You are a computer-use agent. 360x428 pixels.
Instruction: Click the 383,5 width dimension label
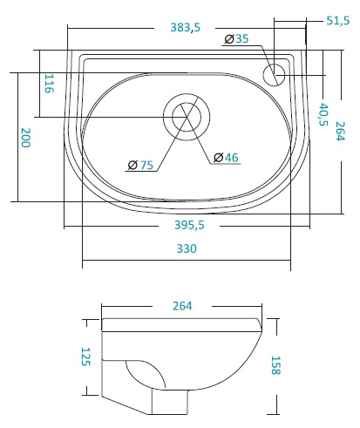(x=186, y=28)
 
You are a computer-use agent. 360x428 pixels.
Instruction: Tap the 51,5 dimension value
(x=337, y=21)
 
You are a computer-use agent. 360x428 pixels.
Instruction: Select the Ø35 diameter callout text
(x=237, y=38)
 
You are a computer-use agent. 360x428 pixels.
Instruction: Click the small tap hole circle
(x=274, y=75)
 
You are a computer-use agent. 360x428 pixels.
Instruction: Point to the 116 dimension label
(x=49, y=84)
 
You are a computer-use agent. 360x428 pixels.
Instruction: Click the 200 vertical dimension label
(x=26, y=138)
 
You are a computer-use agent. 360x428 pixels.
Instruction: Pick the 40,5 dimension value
(x=323, y=114)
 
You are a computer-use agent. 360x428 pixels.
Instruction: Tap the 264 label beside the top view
(x=340, y=131)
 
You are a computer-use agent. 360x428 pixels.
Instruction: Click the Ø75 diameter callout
(x=140, y=165)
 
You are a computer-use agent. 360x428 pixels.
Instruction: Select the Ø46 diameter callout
(x=226, y=158)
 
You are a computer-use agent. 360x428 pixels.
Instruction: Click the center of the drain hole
(x=187, y=117)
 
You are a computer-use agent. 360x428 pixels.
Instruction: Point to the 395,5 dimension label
(x=189, y=225)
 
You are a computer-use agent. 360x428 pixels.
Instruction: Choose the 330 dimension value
(x=187, y=248)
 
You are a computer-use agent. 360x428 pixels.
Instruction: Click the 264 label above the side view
(x=182, y=306)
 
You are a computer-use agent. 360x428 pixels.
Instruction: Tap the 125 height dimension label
(x=85, y=357)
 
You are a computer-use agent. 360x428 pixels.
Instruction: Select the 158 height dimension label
(x=275, y=365)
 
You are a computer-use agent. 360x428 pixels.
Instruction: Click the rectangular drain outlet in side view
(x=170, y=402)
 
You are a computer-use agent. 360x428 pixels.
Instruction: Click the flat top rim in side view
(x=181, y=325)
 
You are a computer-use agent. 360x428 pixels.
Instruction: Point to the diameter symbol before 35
(x=229, y=39)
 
